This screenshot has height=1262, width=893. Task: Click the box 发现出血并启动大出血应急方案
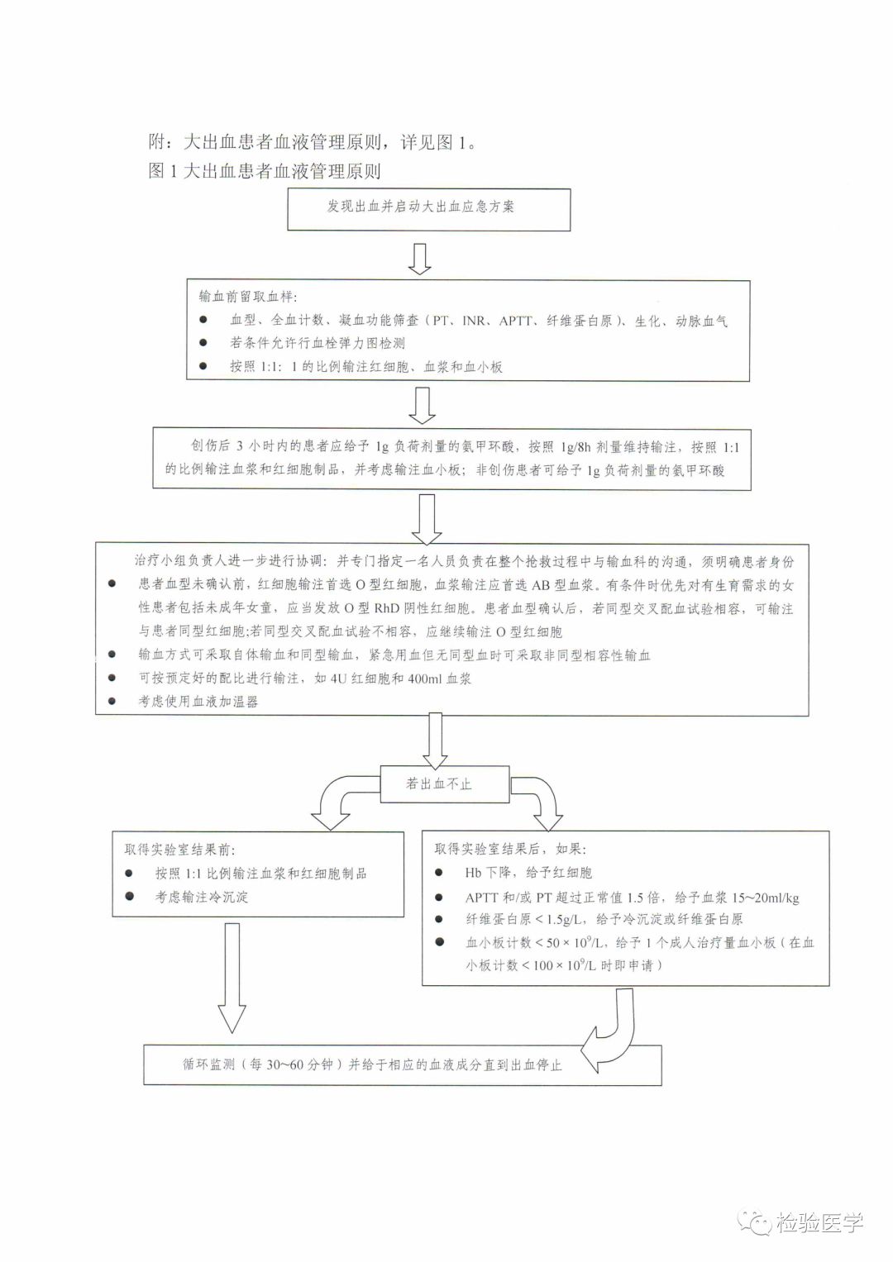tap(428, 208)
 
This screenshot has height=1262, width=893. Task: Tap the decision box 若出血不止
tap(443, 783)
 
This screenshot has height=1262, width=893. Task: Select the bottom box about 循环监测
tap(402, 1064)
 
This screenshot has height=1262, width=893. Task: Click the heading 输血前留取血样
tap(248, 298)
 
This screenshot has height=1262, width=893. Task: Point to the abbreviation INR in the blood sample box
tap(475, 321)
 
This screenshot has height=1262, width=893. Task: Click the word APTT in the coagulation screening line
tap(516, 321)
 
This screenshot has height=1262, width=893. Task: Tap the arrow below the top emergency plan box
tap(419, 258)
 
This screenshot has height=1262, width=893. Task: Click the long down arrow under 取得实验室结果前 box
tap(232, 975)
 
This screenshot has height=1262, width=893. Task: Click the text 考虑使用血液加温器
tap(198, 702)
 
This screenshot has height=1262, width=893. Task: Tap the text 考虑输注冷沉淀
tap(202, 897)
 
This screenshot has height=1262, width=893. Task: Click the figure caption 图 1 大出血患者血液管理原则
tap(265, 171)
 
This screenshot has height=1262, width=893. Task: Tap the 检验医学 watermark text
tap(819, 1222)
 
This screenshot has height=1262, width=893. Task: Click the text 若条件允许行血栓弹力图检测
tap(318, 343)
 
